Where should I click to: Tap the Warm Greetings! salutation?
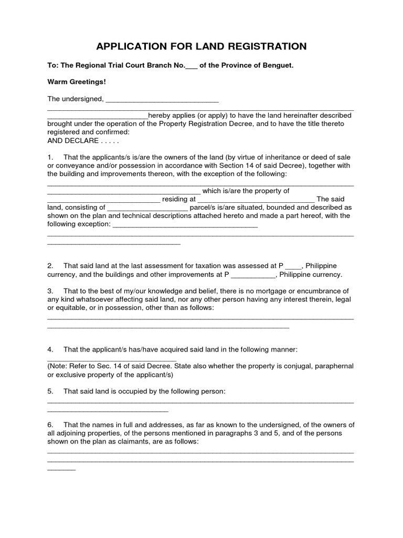77,82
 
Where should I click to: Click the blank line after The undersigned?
162,99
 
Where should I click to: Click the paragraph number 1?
50,157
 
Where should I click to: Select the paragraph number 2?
50,266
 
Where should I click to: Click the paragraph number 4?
50,349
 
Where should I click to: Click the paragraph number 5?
50,391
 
